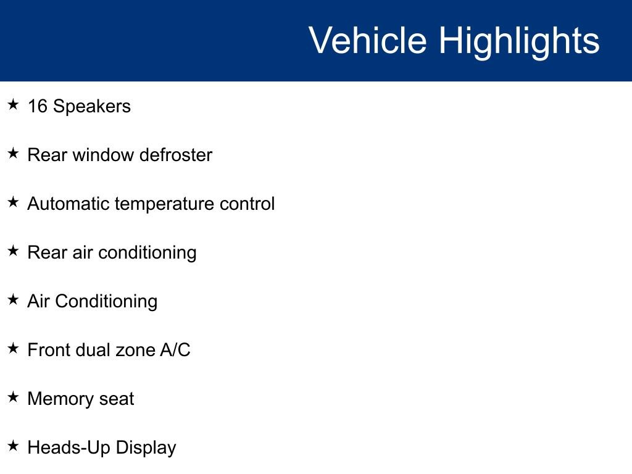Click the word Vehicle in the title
coord(368,40)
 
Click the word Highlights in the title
coord(519,42)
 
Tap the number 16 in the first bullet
coord(38,106)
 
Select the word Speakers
coord(92,107)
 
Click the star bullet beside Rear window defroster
coord(14,153)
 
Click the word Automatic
coord(69,204)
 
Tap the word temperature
coord(165,205)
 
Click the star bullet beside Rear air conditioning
coord(14,251)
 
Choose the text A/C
coord(175,350)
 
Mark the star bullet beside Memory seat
coord(14,397)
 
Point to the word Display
coord(146,449)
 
